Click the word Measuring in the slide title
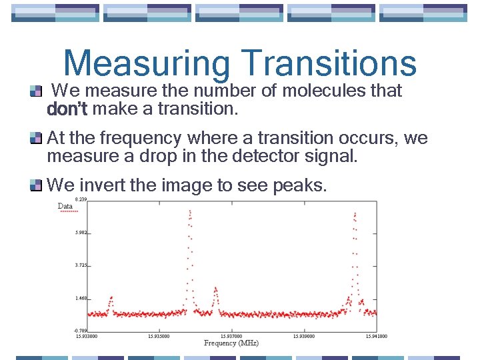click(147, 64)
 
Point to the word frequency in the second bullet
click(139, 138)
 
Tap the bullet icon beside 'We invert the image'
click(36, 185)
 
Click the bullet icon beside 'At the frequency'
click(36, 138)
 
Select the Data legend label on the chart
click(65, 206)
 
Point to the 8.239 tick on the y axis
click(81, 199)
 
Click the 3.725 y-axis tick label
click(81, 265)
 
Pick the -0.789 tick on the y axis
click(80, 330)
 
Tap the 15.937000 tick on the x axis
click(231, 337)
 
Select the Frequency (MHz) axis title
click(231, 343)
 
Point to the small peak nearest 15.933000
click(111, 299)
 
